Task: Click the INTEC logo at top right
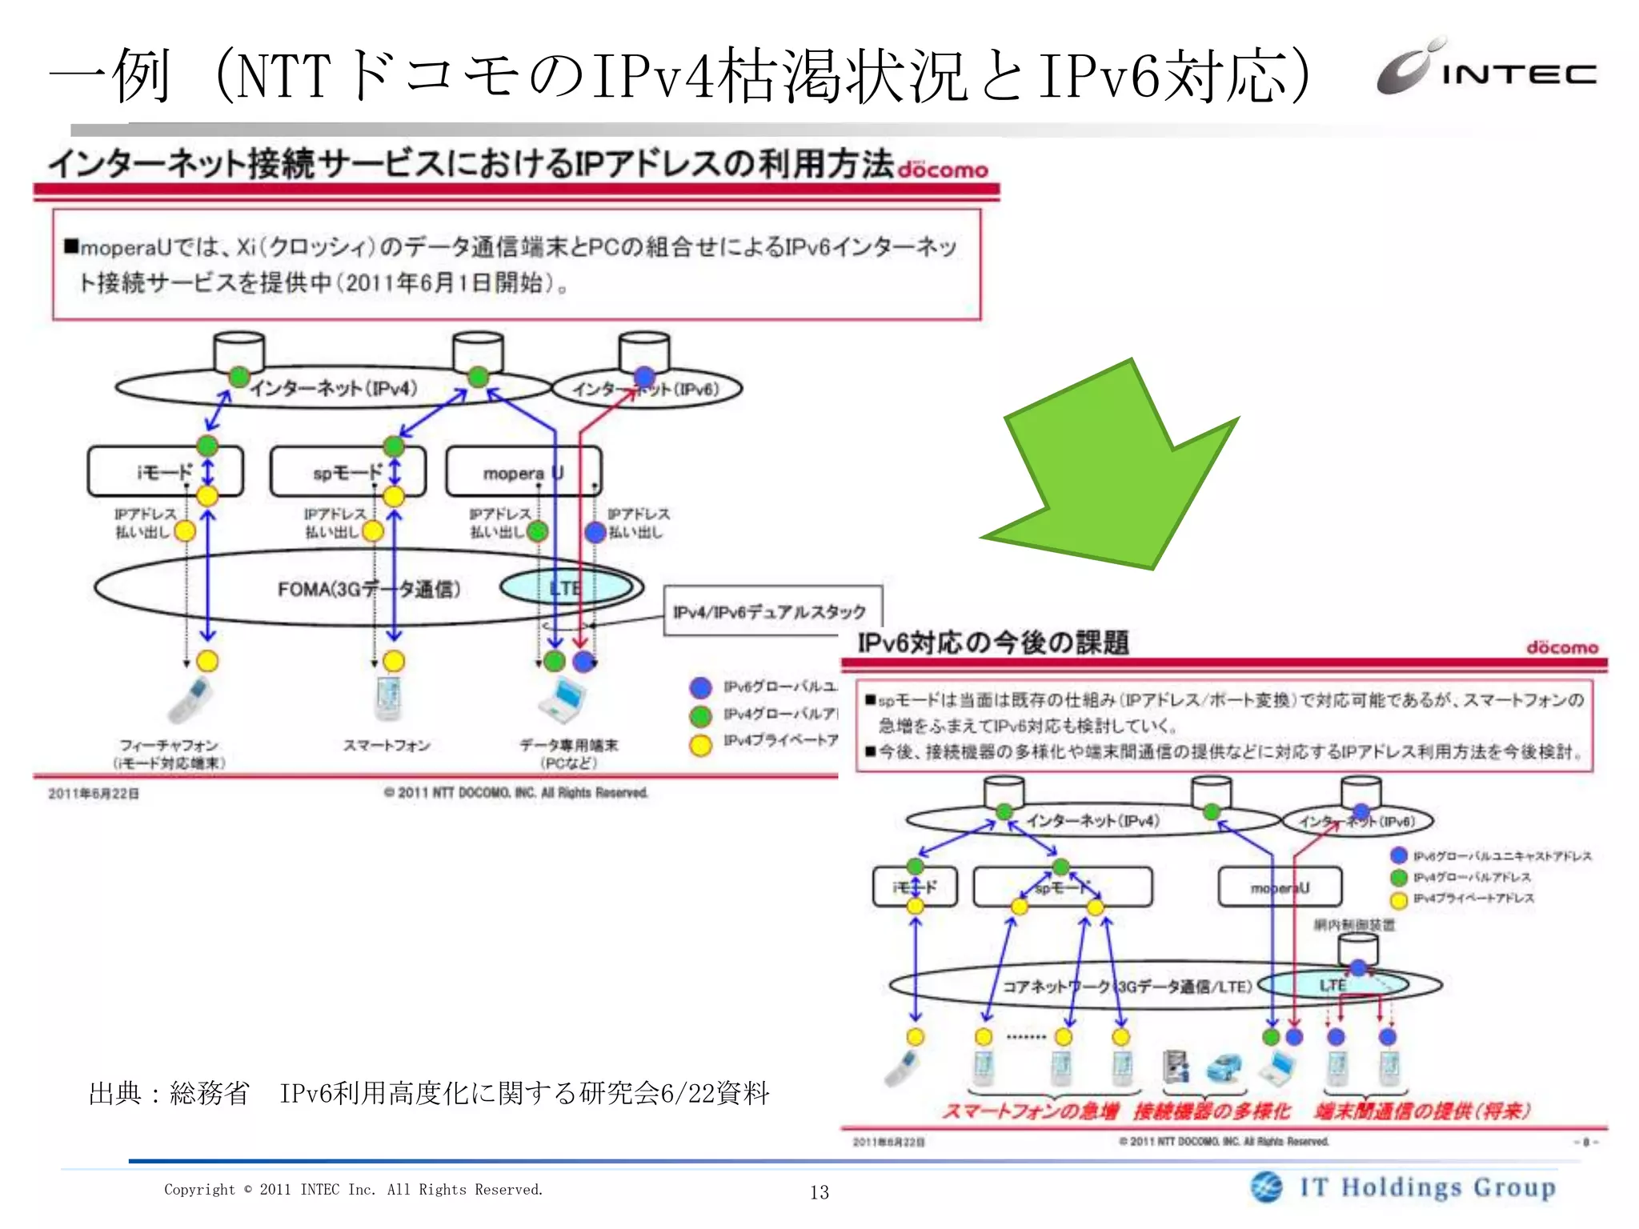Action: click(1486, 69)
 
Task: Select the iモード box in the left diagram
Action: click(165, 472)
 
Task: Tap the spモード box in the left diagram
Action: click(347, 472)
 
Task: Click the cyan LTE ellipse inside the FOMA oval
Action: click(567, 588)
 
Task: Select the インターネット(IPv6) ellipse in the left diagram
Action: click(647, 389)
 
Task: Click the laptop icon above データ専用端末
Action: click(564, 699)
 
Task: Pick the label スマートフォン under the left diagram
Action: click(387, 746)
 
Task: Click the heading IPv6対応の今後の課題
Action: click(993, 643)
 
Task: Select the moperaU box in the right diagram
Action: click(1280, 887)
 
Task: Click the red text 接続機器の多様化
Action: click(1212, 1111)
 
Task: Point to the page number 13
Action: click(819, 1192)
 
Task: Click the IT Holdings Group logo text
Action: click(1427, 1187)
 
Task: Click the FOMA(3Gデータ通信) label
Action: click(369, 590)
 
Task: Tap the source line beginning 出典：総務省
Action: click(429, 1093)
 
